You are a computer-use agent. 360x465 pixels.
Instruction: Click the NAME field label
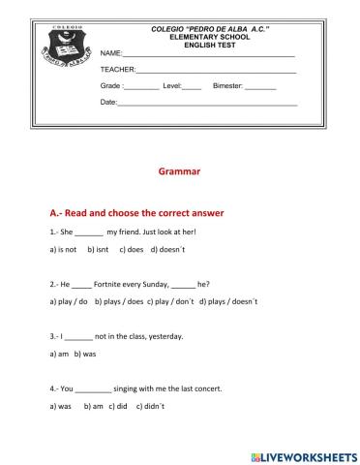111,54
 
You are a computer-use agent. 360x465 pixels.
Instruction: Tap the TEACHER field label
117,70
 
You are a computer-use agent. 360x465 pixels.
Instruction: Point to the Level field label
171,85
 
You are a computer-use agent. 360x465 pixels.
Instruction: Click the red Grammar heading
179,171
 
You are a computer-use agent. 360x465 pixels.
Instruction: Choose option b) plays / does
120,301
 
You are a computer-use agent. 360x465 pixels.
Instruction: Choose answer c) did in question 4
117,406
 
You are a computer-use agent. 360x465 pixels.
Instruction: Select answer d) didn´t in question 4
152,406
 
